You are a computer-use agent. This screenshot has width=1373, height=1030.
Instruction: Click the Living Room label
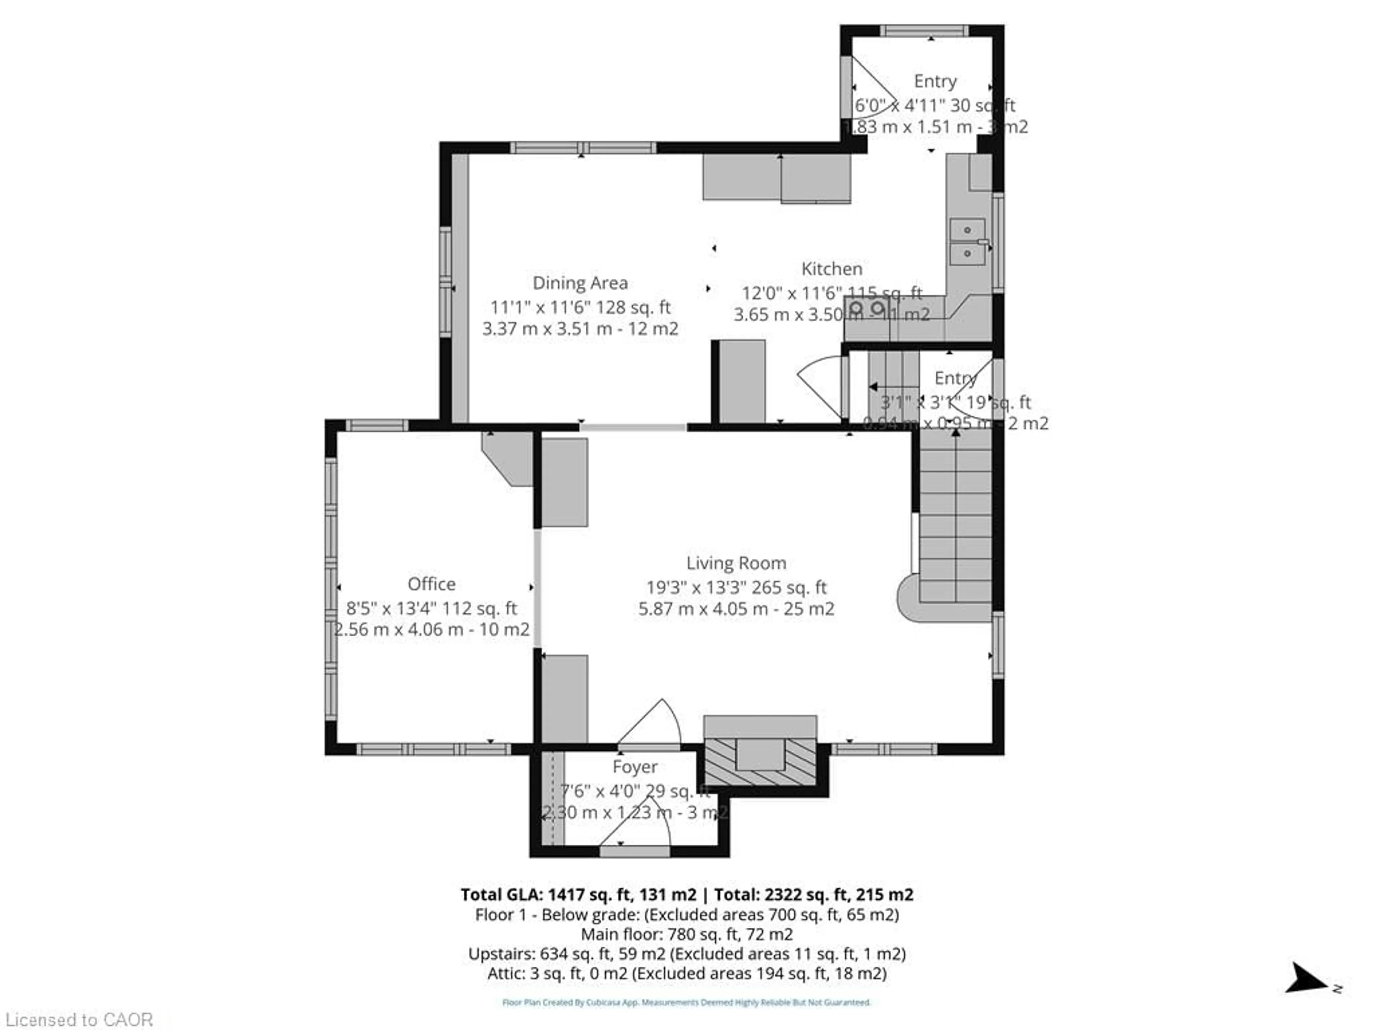[x=736, y=563]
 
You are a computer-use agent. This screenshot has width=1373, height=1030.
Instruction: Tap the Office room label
[x=432, y=584]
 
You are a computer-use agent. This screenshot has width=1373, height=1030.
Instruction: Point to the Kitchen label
[x=832, y=269]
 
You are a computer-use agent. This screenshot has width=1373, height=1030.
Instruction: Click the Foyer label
[x=634, y=767]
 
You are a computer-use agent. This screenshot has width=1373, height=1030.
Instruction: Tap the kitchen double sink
[x=966, y=241]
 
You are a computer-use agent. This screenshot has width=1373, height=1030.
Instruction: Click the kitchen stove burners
[x=866, y=308]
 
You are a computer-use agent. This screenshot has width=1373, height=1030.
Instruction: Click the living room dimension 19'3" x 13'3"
[x=736, y=587]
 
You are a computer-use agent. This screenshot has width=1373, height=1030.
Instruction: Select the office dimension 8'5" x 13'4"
[x=432, y=608]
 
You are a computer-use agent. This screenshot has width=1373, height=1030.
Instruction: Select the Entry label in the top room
[x=935, y=81]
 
